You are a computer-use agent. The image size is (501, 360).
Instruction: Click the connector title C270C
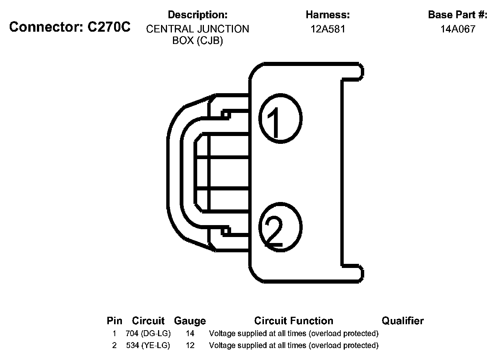[70, 27]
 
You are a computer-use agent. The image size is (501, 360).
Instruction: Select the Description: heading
[198, 15]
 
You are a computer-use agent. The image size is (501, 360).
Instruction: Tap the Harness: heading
[328, 15]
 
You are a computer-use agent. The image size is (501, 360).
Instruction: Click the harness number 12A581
[328, 29]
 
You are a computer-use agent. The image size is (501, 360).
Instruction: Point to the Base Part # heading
[458, 15]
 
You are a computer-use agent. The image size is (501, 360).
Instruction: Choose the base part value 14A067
[458, 29]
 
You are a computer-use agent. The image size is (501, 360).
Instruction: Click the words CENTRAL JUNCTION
[198, 29]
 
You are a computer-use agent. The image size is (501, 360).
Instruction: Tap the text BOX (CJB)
[198, 41]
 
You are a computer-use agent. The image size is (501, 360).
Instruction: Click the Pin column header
[114, 321]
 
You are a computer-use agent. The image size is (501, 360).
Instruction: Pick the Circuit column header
[148, 321]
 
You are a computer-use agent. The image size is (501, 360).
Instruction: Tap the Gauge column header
[190, 321]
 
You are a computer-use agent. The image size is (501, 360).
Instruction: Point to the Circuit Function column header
[294, 321]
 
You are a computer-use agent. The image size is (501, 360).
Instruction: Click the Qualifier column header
[403, 321]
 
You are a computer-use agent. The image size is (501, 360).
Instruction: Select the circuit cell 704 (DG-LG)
[148, 334]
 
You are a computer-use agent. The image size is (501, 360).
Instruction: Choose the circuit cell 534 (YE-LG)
[148, 345]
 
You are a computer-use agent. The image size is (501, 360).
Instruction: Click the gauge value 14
[190, 334]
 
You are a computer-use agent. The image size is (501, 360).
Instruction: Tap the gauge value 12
[190, 345]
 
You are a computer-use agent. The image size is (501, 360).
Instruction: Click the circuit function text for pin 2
[294, 345]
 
